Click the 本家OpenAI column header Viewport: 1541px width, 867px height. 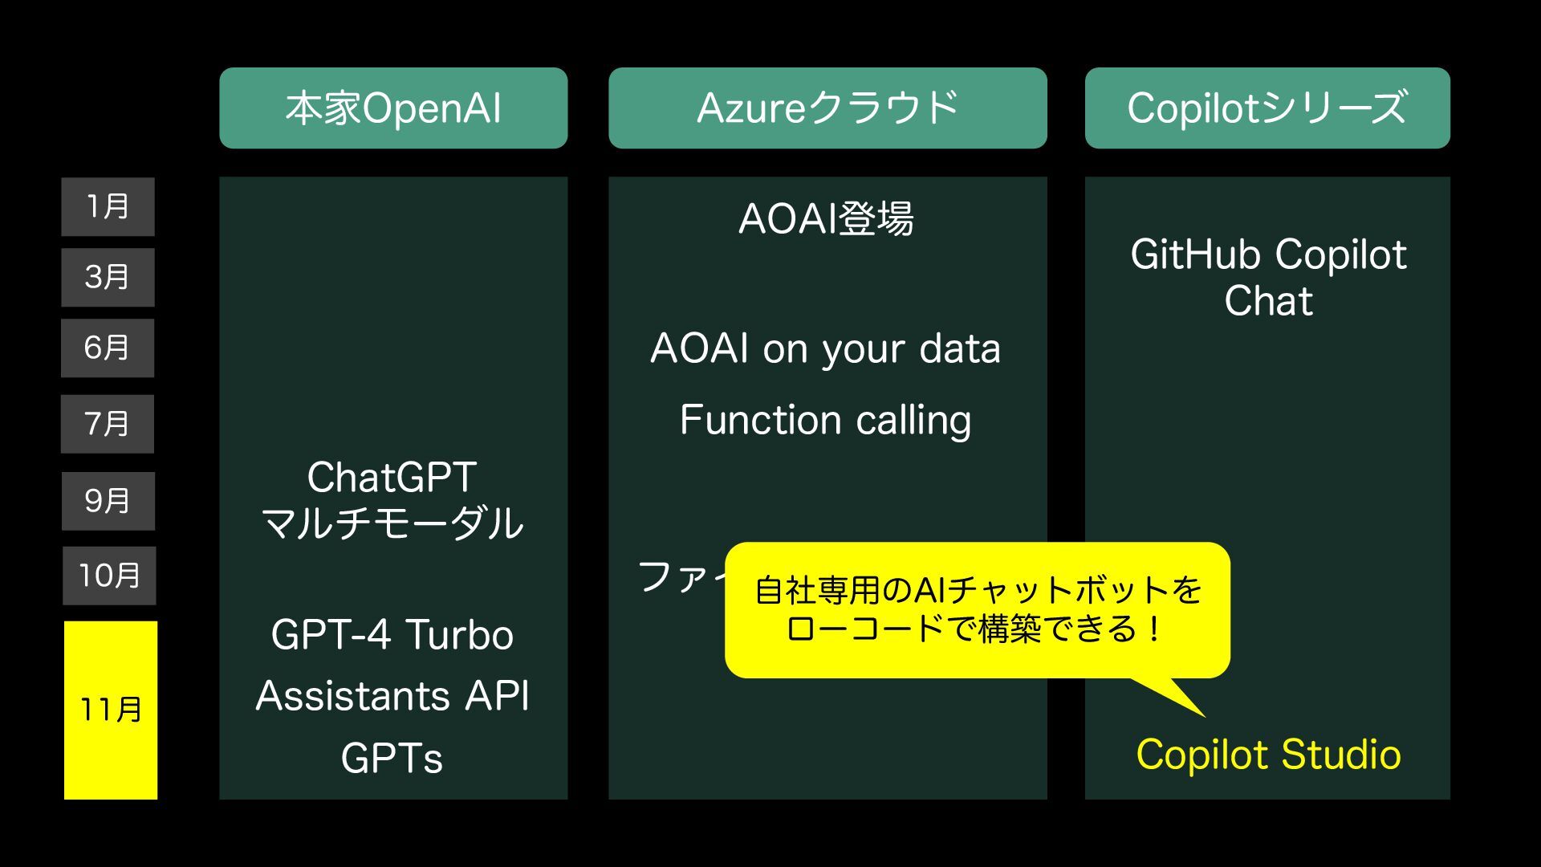click(x=393, y=108)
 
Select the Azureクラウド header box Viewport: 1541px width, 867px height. click(x=827, y=108)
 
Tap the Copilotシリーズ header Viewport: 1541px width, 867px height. click(x=1267, y=108)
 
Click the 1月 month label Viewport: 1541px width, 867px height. click(x=108, y=207)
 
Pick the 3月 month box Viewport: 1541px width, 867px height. click(x=108, y=278)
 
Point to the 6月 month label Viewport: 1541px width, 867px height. click(x=108, y=348)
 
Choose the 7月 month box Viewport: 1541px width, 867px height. click(x=108, y=424)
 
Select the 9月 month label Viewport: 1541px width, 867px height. click(x=108, y=501)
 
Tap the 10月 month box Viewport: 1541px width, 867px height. click(x=109, y=576)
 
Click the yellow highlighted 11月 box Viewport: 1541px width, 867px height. click(x=111, y=710)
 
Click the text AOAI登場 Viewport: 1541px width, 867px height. click(x=826, y=219)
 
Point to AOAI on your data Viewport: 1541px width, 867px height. click(x=826, y=349)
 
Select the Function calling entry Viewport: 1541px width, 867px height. click(x=826, y=421)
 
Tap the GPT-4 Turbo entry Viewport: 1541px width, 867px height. click(x=392, y=635)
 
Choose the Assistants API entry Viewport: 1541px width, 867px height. click(x=392, y=696)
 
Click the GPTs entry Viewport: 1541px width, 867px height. click(x=392, y=758)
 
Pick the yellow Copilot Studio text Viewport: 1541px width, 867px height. click(x=1268, y=755)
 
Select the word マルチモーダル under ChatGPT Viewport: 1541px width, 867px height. click(x=392, y=523)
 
